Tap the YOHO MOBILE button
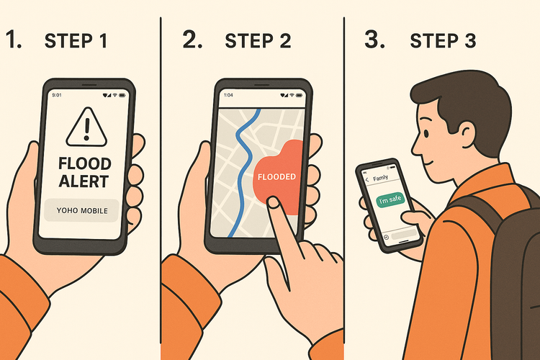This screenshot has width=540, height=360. (x=82, y=211)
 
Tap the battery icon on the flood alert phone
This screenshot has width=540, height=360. (x=122, y=94)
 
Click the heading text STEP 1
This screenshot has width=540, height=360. (x=76, y=41)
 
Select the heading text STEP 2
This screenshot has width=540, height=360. (x=257, y=41)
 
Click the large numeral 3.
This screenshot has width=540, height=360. (x=374, y=40)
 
